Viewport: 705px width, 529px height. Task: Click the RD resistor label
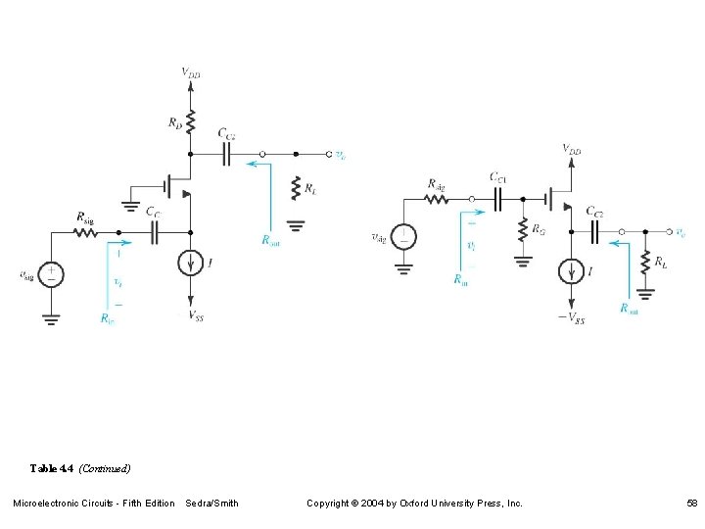coord(173,122)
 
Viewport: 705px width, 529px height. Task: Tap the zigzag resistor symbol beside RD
coord(191,122)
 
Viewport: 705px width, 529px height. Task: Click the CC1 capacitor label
coord(498,177)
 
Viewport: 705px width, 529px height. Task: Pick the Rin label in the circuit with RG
coord(460,280)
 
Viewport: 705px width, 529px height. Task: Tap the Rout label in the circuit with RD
coord(270,239)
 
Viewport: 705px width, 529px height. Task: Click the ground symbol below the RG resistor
coord(522,261)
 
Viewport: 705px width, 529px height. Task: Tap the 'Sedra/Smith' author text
coord(211,504)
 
